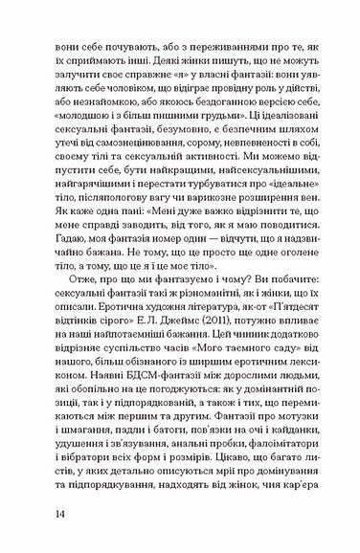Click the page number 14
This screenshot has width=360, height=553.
(60, 515)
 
